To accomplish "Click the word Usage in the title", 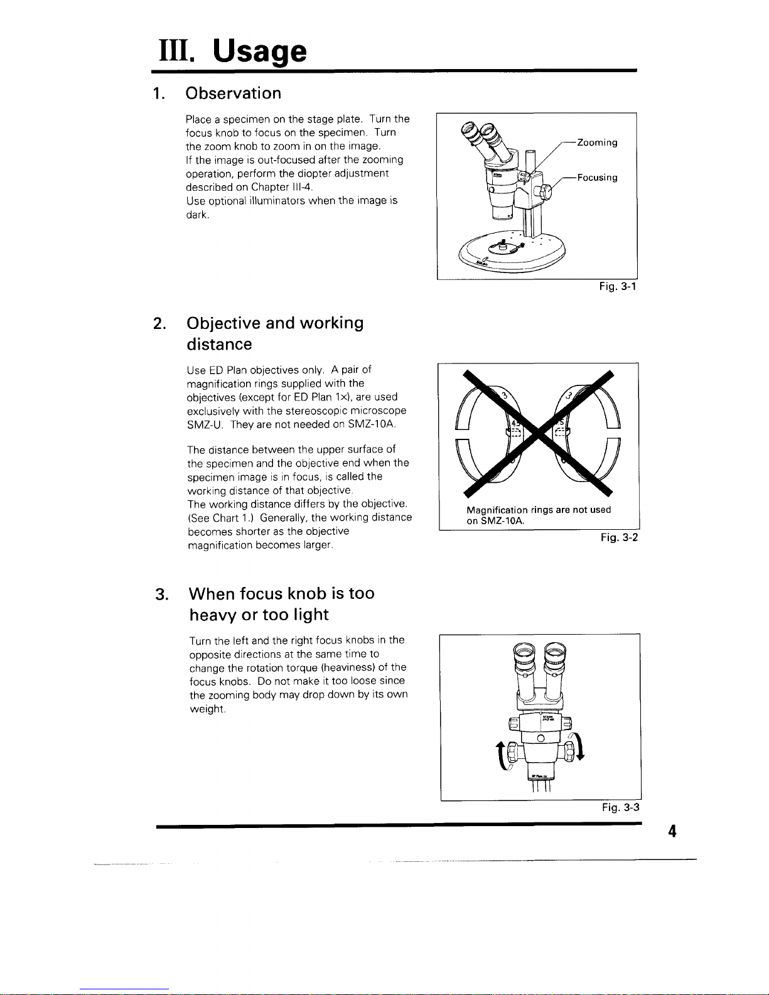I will click(260, 51).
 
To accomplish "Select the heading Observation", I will click(233, 94).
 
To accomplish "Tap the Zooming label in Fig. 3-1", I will click(597, 143).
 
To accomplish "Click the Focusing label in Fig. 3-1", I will click(597, 178).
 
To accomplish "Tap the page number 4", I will click(672, 832).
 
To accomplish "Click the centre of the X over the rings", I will click(539, 433).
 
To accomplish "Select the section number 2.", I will click(159, 323).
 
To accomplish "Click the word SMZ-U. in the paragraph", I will click(205, 425).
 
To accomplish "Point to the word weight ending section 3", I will click(206, 709).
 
